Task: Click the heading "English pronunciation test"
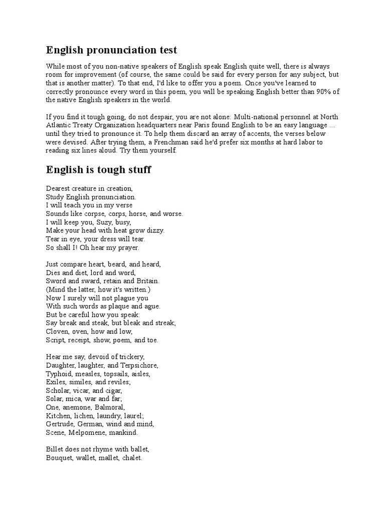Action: click(111, 50)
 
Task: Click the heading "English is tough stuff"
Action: click(98, 170)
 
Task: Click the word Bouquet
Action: click(60, 458)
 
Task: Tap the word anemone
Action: click(78, 407)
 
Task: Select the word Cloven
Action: click(57, 332)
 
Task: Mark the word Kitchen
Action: click(59, 416)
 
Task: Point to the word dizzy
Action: click(152, 230)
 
